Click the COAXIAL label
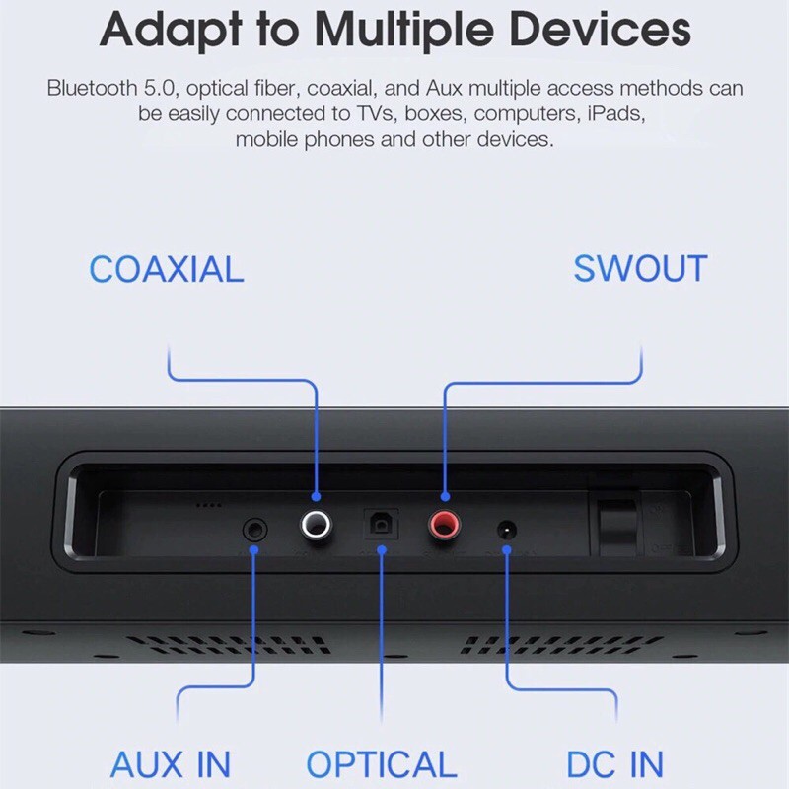pyautogui.click(x=166, y=269)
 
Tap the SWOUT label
pyautogui.click(x=640, y=269)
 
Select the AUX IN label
pyautogui.click(x=171, y=764)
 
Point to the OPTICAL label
pyautogui.click(x=381, y=764)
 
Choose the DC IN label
pyautogui.click(x=614, y=764)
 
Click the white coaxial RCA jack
pyautogui.click(x=316, y=524)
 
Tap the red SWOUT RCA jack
pyautogui.click(x=444, y=524)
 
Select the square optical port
pyautogui.click(x=380, y=524)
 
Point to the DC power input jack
pyautogui.click(x=507, y=530)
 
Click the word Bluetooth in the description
pyautogui.click(x=90, y=88)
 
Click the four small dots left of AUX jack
pyautogui.click(x=207, y=505)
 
